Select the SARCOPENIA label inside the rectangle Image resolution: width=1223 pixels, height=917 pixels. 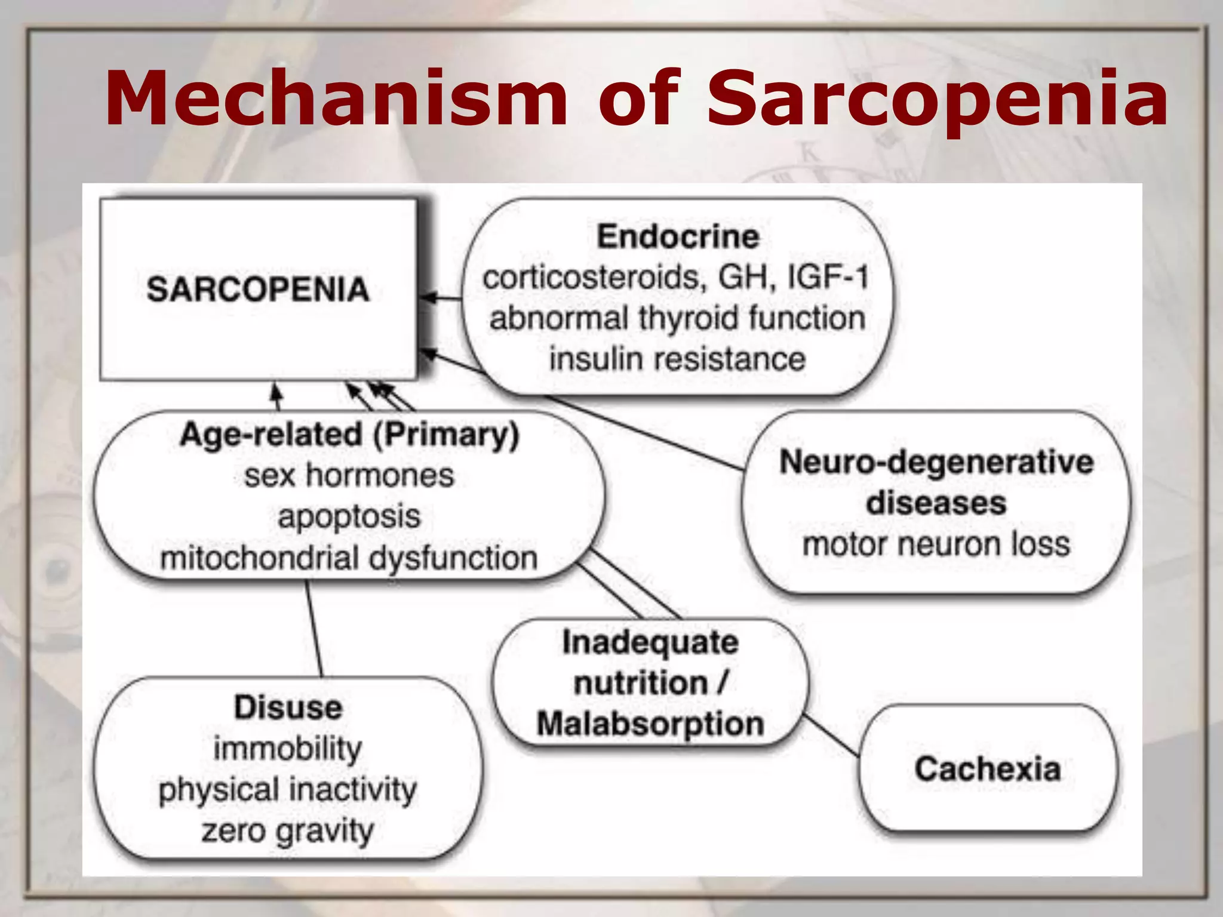[x=258, y=290]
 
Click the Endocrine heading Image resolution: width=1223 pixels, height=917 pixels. [x=678, y=236]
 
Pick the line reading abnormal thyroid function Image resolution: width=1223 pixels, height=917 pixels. [x=677, y=318]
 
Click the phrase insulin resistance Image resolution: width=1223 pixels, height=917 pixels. [x=677, y=359]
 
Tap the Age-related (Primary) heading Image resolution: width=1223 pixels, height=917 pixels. [x=349, y=435]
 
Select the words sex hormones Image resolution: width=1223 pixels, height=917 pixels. [x=349, y=476]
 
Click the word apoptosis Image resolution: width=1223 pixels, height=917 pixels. [x=349, y=516]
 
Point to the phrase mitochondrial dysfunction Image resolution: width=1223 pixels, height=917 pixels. [x=349, y=558]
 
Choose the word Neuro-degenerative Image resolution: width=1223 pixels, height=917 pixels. [x=936, y=462]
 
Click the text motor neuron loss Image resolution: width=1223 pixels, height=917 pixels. [x=936, y=544]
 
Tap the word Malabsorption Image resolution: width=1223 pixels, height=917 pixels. [x=650, y=724]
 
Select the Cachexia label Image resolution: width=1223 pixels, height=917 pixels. [x=988, y=768]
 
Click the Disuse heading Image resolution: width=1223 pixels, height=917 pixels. [x=288, y=707]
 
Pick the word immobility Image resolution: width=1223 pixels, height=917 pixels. [x=288, y=749]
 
